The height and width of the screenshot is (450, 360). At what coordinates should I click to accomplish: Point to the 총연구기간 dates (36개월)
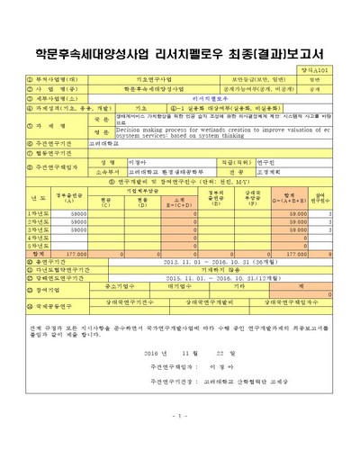[202, 262]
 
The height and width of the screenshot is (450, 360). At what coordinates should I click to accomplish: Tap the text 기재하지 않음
[202, 270]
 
